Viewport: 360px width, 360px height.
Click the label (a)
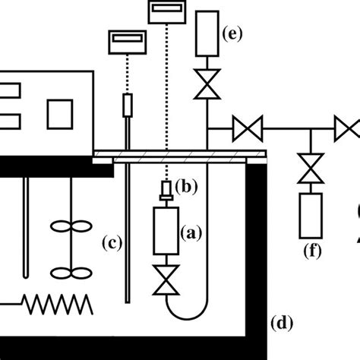click(x=191, y=235)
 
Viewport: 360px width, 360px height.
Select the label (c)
click(x=112, y=243)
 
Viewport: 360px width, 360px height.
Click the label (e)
click(x=230, y=33)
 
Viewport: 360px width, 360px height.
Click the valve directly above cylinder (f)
click(x=309, y=168)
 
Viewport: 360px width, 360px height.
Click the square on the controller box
click(x=59, y=115)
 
